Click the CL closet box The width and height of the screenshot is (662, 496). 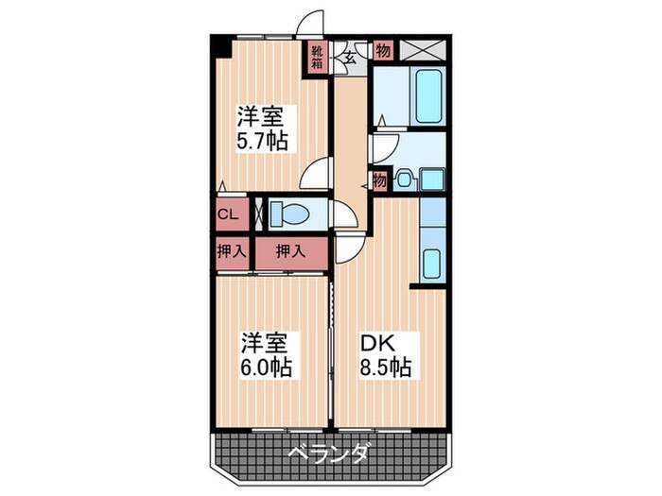(229, 214)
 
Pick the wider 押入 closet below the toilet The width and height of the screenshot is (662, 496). (289, 251)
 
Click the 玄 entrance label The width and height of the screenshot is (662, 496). (348, 57)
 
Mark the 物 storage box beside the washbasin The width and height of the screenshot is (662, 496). (379, 180)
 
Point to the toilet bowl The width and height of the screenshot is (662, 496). (288, 214)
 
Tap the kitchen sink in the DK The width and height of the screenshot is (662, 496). (431, 262)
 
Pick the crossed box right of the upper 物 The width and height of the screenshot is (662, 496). (421, 50)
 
